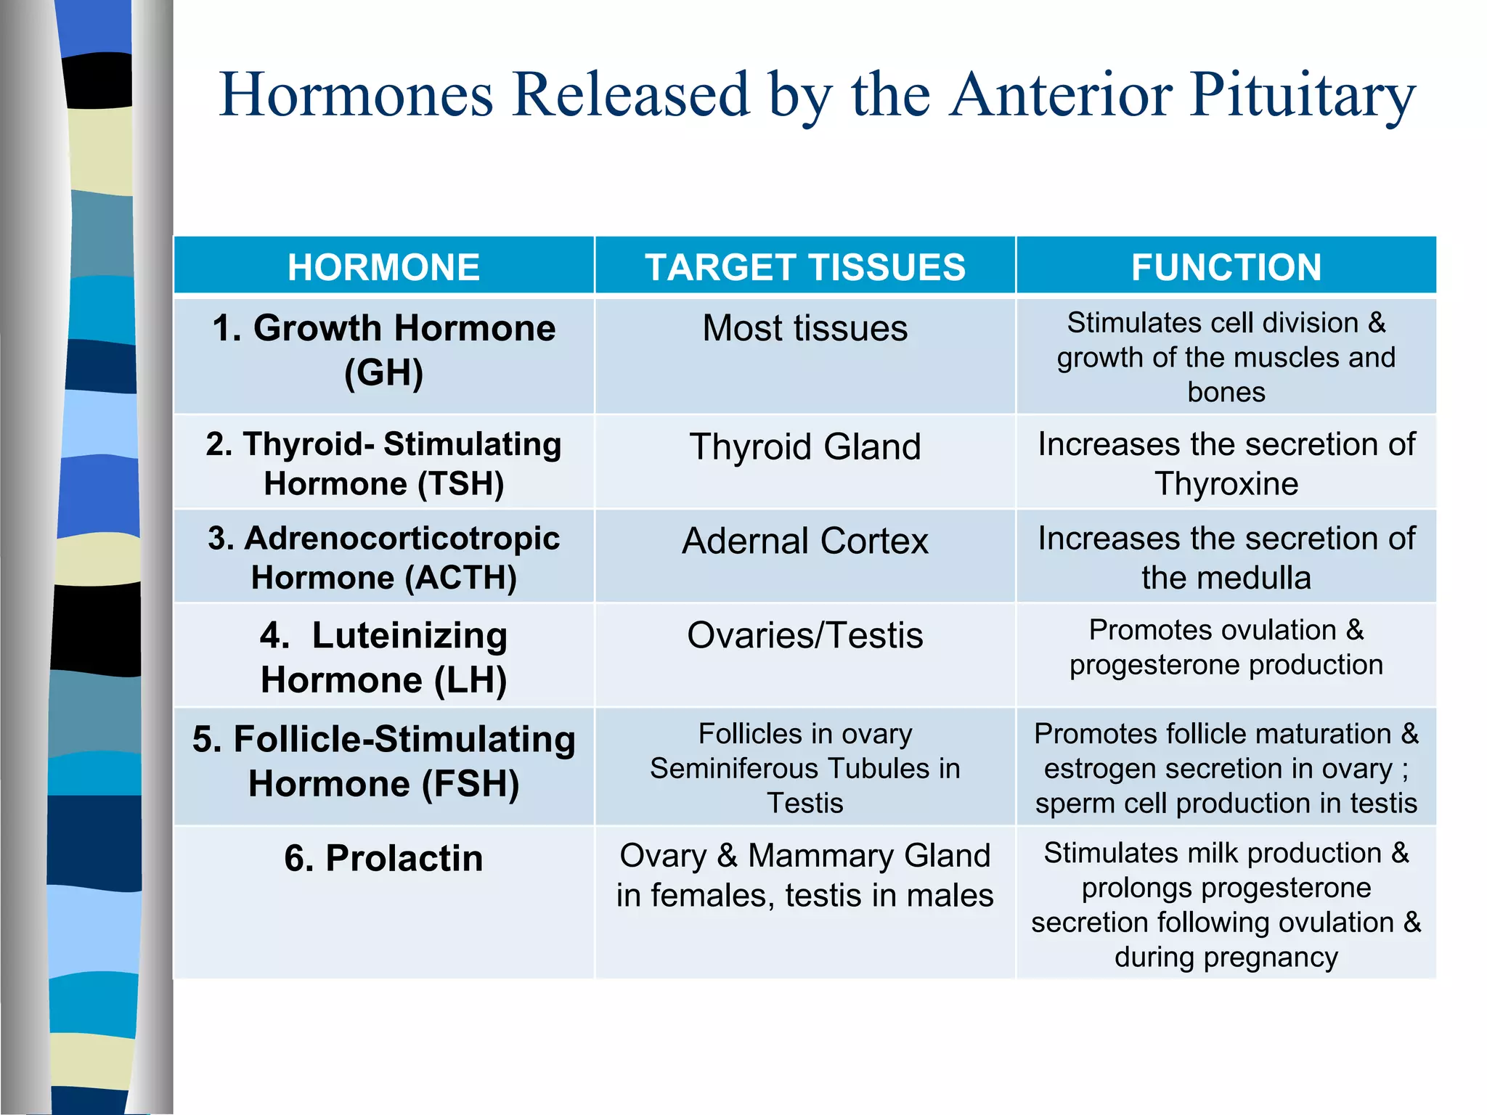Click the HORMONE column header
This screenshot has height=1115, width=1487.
coord(383,267)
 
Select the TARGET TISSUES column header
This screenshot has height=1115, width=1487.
coord(804,267)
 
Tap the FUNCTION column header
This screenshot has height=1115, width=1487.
coord(1226,267)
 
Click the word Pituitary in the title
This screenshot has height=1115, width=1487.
coord(1303,95)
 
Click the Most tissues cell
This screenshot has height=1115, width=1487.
coord(804,328)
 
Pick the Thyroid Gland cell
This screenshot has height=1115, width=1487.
coord(804,446)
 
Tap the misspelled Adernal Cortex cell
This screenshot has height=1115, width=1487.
coord(804,542)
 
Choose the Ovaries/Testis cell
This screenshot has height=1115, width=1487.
coord(804,636)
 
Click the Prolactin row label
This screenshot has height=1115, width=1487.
coord(383,858)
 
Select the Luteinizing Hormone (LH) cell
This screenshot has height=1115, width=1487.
coord(383,658)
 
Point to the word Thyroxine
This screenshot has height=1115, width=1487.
coord(1226,484)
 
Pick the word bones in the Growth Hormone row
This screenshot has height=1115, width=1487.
coord(1226,393)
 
